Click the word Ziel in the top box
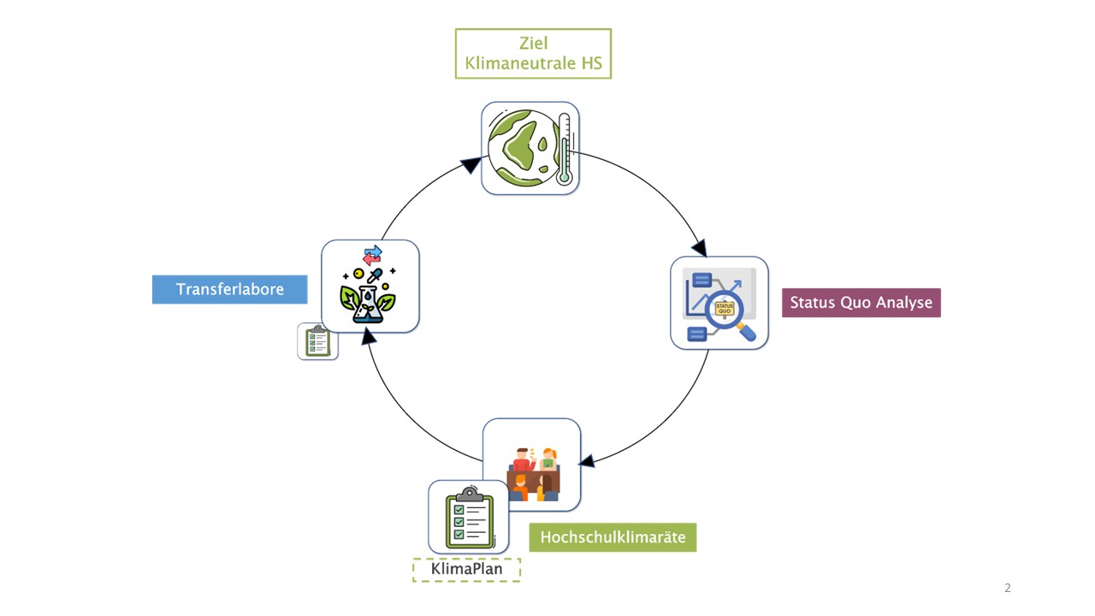click(533, 44)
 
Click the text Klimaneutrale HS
click(533, 63)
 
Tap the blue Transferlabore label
click(229, 289)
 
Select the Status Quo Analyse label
click(861, 303)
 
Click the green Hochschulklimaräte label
click(613, 537)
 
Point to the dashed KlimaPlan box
click(466, 570)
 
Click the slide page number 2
click(1008, 588)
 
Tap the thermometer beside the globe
click(563, 149)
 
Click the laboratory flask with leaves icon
click(368, 299)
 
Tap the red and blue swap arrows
click(372, 255)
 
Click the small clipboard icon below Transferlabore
click(317, 341)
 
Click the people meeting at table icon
click(533, 472)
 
